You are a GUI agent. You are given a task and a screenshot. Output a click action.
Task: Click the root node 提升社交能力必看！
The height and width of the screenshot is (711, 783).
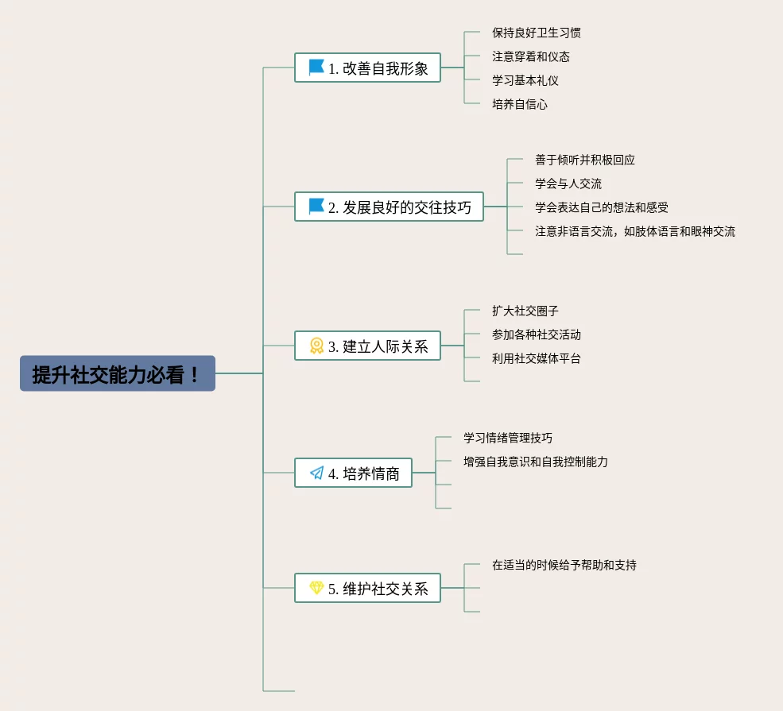[x=118, y=373]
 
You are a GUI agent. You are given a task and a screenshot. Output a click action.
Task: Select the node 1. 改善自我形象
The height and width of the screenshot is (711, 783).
[x=367, y=68]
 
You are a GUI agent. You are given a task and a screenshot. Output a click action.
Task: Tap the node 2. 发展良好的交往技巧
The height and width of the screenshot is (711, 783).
[x=389, y=207]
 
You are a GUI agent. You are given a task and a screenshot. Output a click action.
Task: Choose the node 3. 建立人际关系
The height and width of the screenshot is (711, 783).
[x=367, y=346]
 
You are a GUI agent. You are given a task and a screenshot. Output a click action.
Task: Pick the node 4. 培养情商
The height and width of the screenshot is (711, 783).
[x=353, y=473]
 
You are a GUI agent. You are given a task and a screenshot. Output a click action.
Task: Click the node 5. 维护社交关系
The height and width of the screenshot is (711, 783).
[x=367, y=589]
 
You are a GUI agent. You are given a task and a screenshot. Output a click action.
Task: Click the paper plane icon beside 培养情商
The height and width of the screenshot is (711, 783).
[x=317, y=473]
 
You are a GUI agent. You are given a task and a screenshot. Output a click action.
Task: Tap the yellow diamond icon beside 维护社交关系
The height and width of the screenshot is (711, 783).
[x=316, y=588]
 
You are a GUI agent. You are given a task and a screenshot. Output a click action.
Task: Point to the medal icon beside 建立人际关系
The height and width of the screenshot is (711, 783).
[x=316, y=346]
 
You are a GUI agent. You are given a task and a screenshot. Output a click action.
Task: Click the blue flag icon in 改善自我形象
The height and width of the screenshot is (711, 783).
[x=316, y=68]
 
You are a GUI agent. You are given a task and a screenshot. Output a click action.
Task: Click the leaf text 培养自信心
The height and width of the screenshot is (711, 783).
[x=519, y=104]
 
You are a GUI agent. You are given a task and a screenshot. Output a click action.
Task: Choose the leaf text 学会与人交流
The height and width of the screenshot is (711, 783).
[x=568, y=184]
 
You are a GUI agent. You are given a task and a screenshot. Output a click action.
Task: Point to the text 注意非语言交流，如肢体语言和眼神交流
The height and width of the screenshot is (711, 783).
[x=635, y=231]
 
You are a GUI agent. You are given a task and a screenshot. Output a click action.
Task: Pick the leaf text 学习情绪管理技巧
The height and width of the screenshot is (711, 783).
[x=508, y=438]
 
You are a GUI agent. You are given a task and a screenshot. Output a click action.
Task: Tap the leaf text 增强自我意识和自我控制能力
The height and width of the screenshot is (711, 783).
[x=536, y=462]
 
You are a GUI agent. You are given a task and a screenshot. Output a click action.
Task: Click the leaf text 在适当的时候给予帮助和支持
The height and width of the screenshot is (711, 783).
[x=564, y=565]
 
